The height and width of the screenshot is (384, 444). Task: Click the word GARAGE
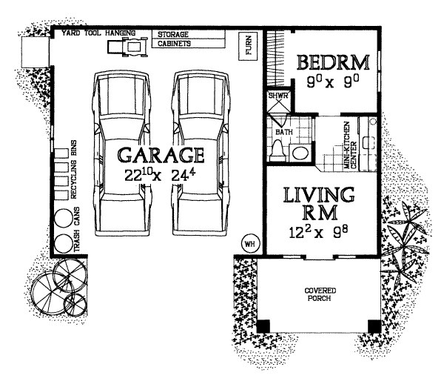[161, 156]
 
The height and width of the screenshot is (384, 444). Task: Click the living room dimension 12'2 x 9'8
[320, 231]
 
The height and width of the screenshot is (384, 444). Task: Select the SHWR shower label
[277, 95]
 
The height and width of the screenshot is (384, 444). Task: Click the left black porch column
[263, 325]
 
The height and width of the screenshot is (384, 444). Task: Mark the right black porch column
[374, 325]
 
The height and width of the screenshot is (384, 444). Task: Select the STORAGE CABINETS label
[174, 39]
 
